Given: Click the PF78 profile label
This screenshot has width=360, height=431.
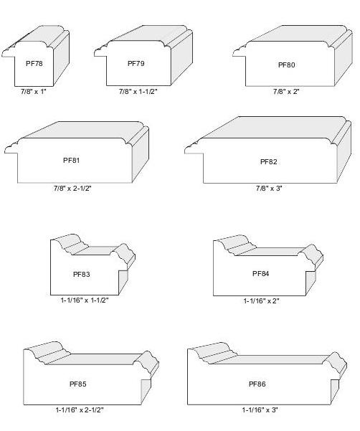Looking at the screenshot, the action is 34,64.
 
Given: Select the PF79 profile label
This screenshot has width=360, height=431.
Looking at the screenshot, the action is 136,64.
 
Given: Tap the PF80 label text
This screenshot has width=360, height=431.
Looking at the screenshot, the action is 287,65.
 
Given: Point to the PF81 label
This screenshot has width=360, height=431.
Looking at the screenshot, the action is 72,160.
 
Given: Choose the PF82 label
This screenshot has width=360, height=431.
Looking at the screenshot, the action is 268,161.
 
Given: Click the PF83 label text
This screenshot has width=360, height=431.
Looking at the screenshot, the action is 82,275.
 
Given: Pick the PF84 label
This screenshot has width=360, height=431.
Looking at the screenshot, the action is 261,273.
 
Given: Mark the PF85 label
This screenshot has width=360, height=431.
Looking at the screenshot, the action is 78,384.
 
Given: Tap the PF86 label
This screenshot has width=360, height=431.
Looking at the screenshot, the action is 257,384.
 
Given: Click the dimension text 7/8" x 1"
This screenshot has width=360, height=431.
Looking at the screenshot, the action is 34,92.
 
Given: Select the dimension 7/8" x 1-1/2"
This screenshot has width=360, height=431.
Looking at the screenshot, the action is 138,92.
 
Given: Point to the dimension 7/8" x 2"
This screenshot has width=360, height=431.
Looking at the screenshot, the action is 286,92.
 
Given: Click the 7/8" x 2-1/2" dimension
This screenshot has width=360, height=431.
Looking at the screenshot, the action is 72,189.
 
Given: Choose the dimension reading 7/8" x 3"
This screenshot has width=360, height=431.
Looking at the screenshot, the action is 269,189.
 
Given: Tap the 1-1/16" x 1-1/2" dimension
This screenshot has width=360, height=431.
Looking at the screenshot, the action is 85,300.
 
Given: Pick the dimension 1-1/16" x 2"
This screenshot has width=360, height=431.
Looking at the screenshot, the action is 261,301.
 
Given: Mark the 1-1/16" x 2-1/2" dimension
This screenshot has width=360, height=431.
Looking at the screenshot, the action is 80,410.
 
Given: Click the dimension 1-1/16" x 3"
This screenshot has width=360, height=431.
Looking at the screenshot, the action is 260,410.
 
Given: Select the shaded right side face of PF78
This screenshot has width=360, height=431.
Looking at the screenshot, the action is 61,58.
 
